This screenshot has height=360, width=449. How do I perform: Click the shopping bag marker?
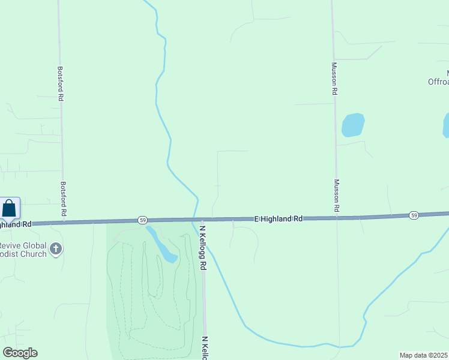[x=10, y=209]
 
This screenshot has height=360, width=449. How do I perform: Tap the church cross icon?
[x=56, y=248]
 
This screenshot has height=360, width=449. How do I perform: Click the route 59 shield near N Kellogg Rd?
[x=142, y=220]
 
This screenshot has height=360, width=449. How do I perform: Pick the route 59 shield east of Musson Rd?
[x=414, y=215]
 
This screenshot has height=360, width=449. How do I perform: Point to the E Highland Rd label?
[x=278, y=219]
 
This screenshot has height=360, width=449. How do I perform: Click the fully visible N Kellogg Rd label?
[x=203, y=247]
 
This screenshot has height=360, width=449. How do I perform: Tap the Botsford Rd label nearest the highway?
[x=63, y=199]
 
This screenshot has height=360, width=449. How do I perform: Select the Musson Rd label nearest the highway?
[x=337, y=196]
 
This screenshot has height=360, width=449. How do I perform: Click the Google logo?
[x=20, y=353]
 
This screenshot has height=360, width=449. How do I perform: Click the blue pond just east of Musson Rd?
[x=353, y=125]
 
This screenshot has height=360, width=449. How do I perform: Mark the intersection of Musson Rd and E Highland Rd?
[x=337, y=218]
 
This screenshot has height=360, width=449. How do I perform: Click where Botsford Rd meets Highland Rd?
[x=64, y=221]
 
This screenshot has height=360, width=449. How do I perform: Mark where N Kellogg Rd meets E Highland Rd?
[x=202, y=220]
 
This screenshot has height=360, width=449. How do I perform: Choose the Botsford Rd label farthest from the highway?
[x=61, y=83]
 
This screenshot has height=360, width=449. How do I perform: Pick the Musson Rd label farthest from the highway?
[x=334, y=79]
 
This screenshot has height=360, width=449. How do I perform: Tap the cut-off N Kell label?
[x=205, y=347]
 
